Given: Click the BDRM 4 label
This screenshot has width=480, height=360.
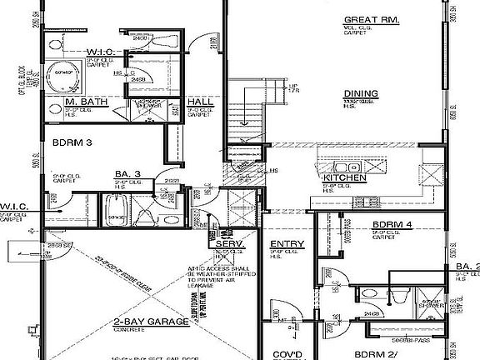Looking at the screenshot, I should [x=392, y=225].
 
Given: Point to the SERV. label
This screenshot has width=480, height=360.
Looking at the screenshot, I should [x=228, y=244].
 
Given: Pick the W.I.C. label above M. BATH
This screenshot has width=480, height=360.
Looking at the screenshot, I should [x=103, y=51].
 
